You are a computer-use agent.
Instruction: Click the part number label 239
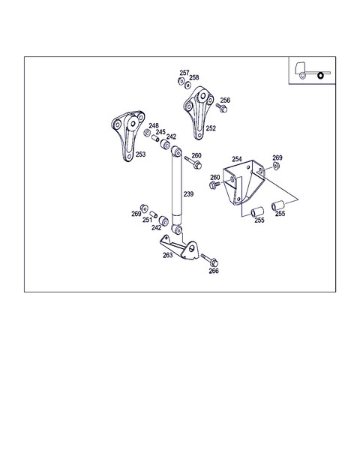188,194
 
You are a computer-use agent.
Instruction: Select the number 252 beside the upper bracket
211,128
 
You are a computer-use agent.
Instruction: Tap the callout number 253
141,154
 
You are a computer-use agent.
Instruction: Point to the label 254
237,159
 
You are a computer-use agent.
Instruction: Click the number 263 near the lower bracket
168,255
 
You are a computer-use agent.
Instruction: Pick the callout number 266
214,271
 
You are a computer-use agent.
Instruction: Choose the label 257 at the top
184,73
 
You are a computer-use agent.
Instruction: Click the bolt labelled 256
222,108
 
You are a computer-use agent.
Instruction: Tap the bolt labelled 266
209,260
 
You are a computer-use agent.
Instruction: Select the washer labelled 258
187,85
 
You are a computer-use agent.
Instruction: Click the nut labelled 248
147,133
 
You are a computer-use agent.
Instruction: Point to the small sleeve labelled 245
155,139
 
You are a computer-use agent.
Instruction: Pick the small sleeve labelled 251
154,214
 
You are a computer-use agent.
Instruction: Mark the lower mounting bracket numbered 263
180,247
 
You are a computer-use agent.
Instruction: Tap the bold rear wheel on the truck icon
320,76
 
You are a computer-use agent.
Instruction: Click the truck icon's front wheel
302,76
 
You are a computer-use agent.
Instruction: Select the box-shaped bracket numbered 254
244,182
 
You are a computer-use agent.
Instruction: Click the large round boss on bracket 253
132,124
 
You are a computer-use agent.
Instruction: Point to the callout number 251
147,220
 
